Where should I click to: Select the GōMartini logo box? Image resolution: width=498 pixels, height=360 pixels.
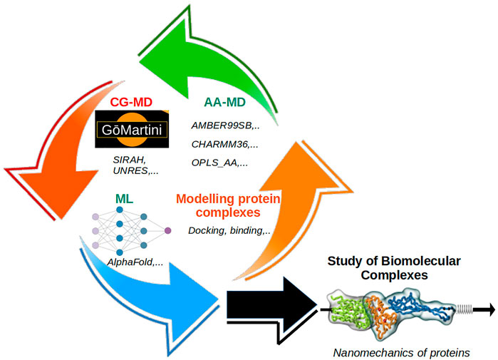pos(131,131)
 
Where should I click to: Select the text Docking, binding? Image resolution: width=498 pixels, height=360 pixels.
pos(229,230)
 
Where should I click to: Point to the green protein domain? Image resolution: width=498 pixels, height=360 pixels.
pos(349,312)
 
